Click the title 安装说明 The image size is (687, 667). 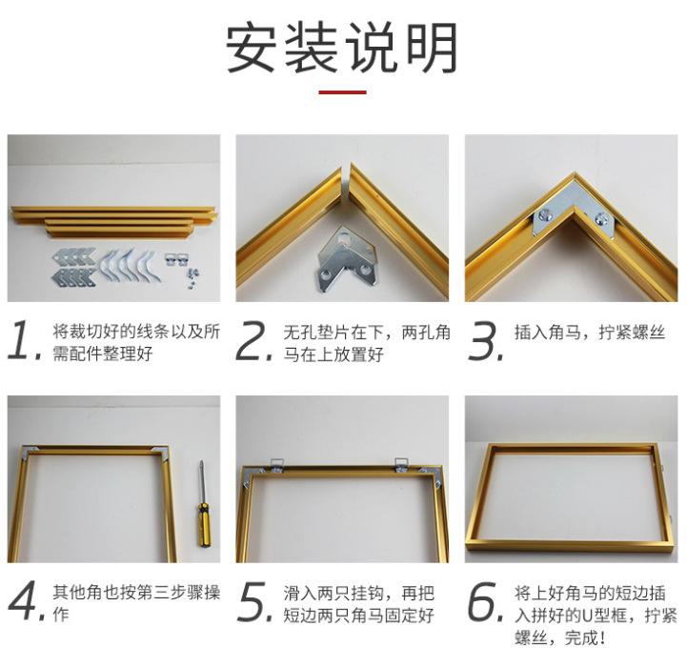click(x=342, y=49)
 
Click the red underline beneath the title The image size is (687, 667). click(x=342, y=92)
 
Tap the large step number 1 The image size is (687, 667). click(x=24, y=340)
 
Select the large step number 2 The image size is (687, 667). click(x=253, y=340)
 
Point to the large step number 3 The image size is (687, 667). click(x=485, y=340)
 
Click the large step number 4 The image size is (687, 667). click(x=27, y=601)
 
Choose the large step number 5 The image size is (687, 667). click(x=254, y=601)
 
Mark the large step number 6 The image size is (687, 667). click(x=485, y=601)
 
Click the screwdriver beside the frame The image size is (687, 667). click(x=202, y=504)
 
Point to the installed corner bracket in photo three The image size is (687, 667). click(x=575, y=210)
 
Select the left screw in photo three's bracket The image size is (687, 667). click(x=546, y=214)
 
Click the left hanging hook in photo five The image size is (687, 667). click(x=276, y=465)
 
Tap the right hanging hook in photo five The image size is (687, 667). click(x=400, y=465)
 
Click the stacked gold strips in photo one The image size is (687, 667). click(x=113, y=222)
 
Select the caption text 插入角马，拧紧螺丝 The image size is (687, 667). click(x=590, y=333)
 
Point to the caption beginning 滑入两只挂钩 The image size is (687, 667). click(x=359, y=604)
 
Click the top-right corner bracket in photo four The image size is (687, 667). click(x=160, y=454)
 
